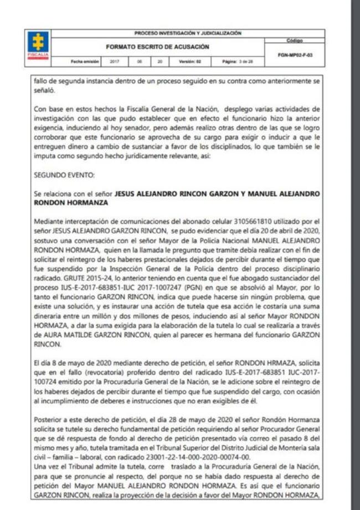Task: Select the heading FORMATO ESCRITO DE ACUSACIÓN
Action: [157, 47]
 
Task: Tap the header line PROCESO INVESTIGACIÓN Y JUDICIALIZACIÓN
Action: [188, 33]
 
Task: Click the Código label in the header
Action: [295, 40]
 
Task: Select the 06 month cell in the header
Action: [140, 61]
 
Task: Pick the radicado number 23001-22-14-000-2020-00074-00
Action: [190, 457]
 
